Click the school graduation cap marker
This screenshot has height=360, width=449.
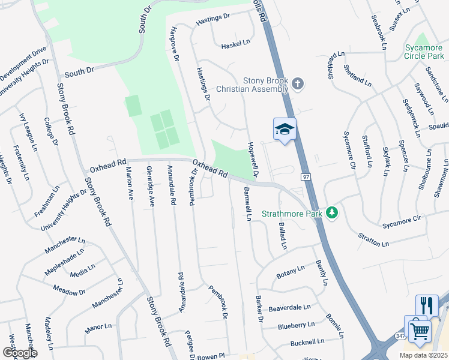(x=285, y=129)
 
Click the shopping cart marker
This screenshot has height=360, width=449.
(x=420, y=330)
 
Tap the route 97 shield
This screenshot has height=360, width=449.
(x=305, y=176)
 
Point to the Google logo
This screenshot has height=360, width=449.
(x=20, y=353)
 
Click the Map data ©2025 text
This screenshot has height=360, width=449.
(x=423, y=355)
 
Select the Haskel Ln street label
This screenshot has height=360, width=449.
(x=235, y=45)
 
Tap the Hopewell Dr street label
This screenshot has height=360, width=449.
(x=253, y=160)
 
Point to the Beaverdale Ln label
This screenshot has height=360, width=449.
(x=289, y=308)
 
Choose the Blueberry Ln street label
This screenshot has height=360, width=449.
(x=296, y=325)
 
